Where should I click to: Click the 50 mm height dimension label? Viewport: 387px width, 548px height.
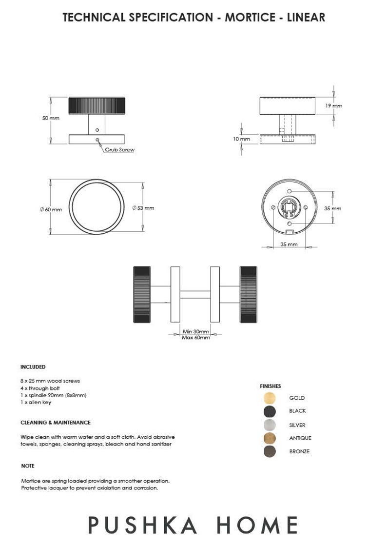(x=51, y=119)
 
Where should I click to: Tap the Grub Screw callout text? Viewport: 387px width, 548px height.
(x=119, y=150)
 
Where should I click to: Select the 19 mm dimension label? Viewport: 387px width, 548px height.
(x=334, y=106)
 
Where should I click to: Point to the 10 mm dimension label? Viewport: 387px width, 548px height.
(x=241, y=139)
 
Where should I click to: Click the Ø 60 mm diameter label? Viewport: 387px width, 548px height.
(x=51, y=209)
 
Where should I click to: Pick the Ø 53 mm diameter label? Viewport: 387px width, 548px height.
(x=143, y=208)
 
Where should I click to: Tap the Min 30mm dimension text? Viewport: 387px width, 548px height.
(x=195, y=332)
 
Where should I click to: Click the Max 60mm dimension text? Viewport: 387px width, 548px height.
(x=195, y=338)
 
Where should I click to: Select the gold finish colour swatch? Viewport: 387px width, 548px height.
(x=270, y=398)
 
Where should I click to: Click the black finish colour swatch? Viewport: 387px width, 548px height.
(x=270, y=411)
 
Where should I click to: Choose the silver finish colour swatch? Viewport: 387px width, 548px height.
(x=270, y=425)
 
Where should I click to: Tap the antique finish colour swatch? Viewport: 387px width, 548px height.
(x=270, y=438)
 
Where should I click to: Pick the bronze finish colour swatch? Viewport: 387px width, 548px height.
(x=270, y=451)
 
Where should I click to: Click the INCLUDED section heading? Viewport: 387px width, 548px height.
(x=33, y=367)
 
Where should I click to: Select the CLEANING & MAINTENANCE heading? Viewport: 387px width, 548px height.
(x=55, y=423)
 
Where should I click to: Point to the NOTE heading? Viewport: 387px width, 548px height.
(x=28, y=466)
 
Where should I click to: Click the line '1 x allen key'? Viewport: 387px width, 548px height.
(x=36, y=403)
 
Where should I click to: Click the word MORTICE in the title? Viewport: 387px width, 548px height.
(x=251, y=18)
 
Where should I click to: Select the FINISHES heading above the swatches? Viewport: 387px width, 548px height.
(x=270, y=386)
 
